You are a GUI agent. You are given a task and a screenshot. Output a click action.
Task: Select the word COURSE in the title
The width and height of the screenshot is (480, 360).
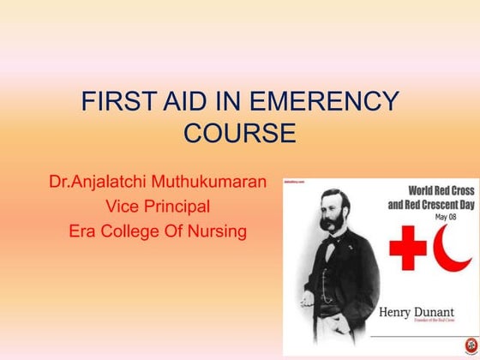tap(240, 134)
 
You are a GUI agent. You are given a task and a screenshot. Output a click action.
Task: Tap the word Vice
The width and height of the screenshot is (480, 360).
tap(120, 207)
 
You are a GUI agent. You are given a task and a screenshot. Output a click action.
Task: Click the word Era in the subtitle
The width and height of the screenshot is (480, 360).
tap(85, 231)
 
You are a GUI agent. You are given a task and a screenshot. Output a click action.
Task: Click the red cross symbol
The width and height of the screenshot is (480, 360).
tap(408, 251)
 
